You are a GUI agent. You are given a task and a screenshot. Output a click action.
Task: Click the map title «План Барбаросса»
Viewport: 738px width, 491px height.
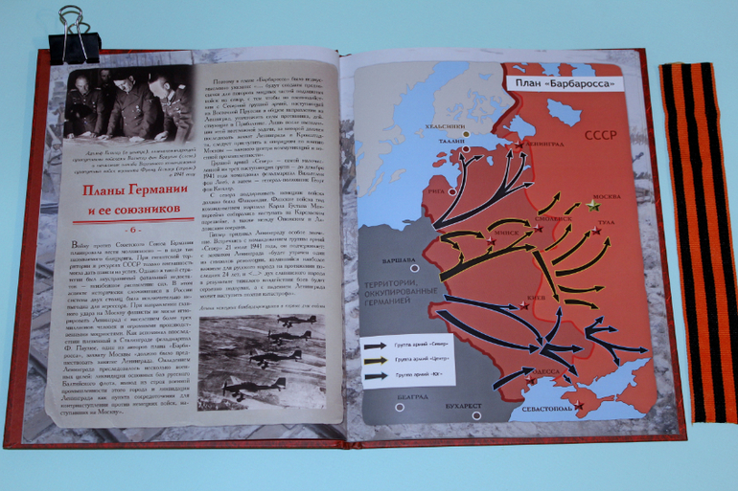click(x=563, y=84)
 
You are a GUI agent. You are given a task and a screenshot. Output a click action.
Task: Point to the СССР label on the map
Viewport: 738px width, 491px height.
click(x=597, y=135)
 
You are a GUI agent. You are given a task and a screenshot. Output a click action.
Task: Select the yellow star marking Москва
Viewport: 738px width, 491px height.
click(x=593, y=205)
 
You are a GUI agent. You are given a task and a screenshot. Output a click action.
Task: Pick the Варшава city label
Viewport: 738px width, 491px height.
click(x=388, y=261)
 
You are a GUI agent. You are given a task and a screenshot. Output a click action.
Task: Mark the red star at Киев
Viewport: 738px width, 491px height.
click(x=523, y=305)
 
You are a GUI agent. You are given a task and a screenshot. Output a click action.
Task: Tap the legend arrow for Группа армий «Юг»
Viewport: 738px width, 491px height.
click(x=377, y=376)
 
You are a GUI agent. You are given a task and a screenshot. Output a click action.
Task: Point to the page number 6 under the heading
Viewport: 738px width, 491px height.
click(x=133, y=230)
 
